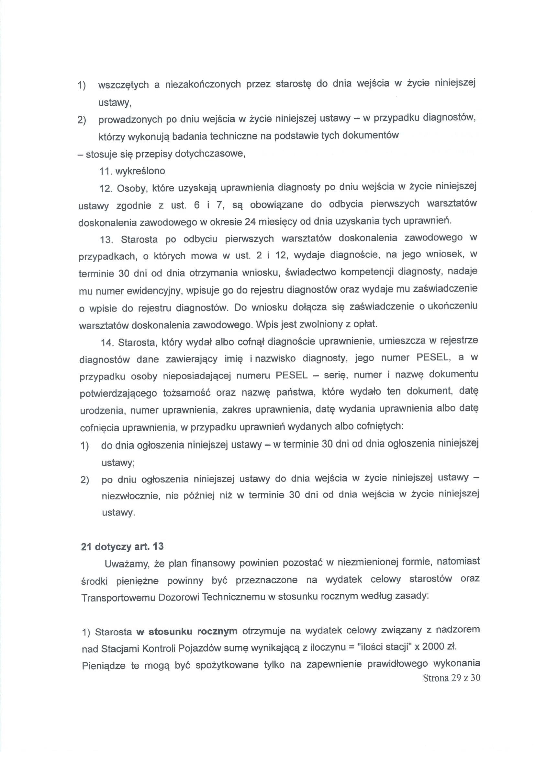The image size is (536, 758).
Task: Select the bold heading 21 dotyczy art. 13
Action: click(122, 546)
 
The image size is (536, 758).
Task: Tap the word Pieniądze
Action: click(104, 665)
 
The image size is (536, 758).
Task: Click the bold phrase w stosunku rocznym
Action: click(187, 631)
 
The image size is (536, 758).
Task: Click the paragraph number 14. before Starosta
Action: click(107, 343)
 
